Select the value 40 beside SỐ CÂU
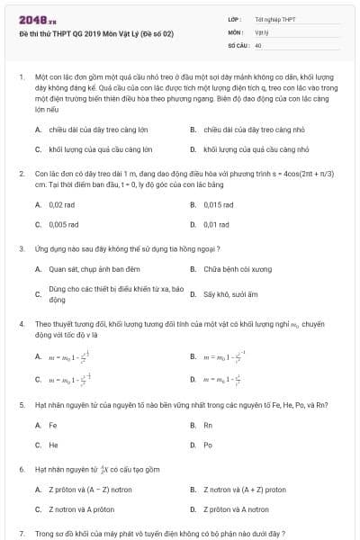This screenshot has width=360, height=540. coord(258,44)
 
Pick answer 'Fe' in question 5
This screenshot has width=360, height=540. coord(53,425)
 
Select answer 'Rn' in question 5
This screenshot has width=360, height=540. coord(208,425)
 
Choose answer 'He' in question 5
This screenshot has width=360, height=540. coord(53,445)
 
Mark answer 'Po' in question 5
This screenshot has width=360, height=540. coord(208,445)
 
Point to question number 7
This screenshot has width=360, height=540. coord(21,534)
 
